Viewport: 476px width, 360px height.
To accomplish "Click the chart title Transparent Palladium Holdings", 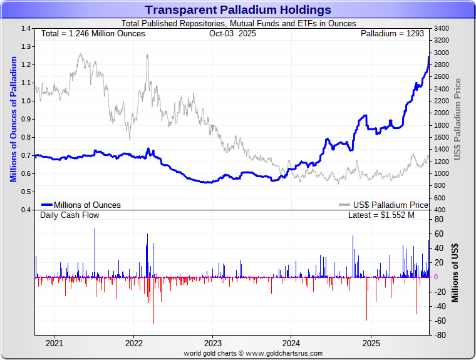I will pos(238,10).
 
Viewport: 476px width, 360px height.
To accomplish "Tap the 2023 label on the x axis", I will pos(213,343).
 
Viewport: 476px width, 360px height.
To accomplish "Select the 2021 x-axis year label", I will pos(54,343).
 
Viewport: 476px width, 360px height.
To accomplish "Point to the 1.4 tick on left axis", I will pos(26,29).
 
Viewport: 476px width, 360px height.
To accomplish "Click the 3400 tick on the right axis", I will pos(440,29).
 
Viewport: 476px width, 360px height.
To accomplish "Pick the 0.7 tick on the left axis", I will pos(26,155).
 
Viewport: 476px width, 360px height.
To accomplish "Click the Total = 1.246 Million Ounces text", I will pos(93,33).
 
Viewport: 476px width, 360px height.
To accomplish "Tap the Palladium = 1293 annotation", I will pos(392,33).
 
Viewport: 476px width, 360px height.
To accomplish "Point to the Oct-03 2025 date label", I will pos(232,33).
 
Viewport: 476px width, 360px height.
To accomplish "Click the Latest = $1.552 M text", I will pos(381,215).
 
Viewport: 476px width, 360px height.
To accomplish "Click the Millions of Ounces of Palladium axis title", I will pos(13,119).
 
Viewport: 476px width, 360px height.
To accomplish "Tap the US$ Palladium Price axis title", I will pos(458,119).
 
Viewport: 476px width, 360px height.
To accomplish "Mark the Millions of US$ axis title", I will pos(455,273).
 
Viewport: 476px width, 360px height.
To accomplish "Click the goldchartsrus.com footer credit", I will pos(253,353).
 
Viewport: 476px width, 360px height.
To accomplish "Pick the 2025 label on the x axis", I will pos(371,343).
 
